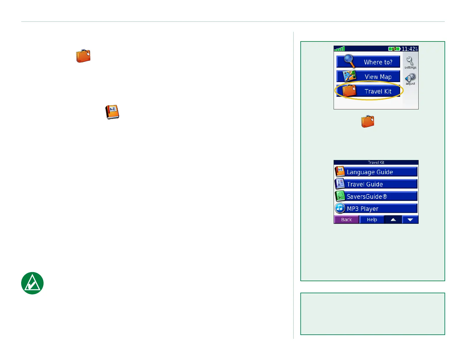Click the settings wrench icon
tap(410, 61)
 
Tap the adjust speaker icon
tap(410, 78)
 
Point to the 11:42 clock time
tap(410, 49)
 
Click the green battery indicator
tap(394, 49)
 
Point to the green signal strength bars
tap(339, 49)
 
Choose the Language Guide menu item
tap(376, 172)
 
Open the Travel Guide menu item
tap(376, 184)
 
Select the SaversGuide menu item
tap(376, 196)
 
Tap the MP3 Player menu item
tap(376, 209)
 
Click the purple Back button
tap(346, 219)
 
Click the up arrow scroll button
tap(393, 219)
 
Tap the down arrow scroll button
tap(410, 219)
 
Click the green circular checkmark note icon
tap(32, 283)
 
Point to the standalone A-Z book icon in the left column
tap(112, 112)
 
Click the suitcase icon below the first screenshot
tap(368, 121)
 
